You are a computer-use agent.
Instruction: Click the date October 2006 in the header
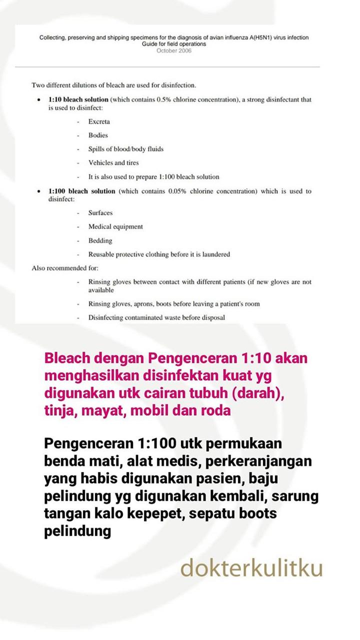tap(174, 50)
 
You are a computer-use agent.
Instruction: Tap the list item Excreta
tap(99, 121)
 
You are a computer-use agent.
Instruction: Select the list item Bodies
tap(98, 135)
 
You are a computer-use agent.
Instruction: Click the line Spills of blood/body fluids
tap(125, 149)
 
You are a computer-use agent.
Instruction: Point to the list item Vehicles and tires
tap(113, 162)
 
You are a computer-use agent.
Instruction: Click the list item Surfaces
tap(100, 212)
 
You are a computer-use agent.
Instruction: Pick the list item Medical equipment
tap(115, 226)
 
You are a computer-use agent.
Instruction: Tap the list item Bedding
tap(100, 240)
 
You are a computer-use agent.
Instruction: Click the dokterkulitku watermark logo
tap(251, 568)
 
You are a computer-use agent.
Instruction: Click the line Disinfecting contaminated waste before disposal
tap(156, 317)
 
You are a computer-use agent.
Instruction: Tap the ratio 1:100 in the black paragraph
tap(161, 443)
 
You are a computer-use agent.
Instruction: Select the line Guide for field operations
tap(174, 44)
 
